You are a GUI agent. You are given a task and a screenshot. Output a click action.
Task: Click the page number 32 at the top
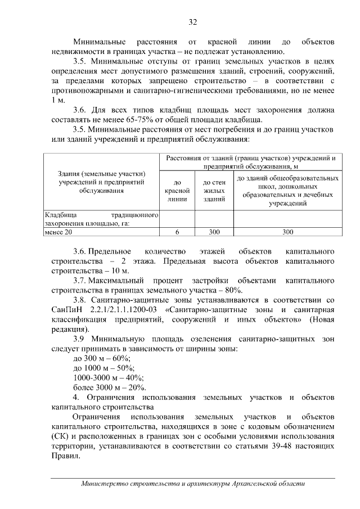tap(192, 22)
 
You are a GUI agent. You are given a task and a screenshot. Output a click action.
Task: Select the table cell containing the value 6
tap(177, 231)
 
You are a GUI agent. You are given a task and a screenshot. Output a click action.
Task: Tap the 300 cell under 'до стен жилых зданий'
tap(214, 231)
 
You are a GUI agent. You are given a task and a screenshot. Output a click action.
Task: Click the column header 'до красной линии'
tap(177, 191)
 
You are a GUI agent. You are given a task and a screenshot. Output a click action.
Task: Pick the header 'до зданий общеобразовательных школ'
tap(287, 190)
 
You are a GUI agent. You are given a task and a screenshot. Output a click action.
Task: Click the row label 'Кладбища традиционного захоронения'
tap(101, 219)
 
